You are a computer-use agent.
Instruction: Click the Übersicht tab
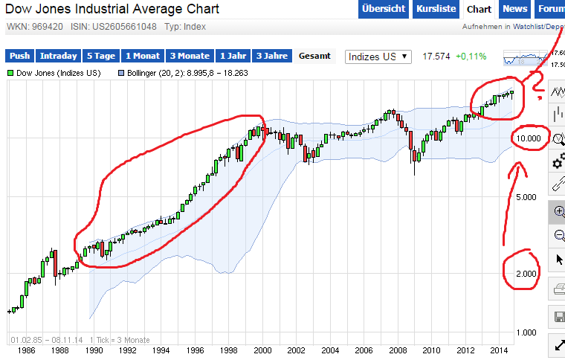click(384, 9)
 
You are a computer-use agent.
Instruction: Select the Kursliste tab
click(435, 9)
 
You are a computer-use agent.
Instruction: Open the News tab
click(514, 9)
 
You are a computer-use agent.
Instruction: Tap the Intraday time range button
click(59, 56)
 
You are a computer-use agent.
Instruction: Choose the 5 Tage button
click(100, 56)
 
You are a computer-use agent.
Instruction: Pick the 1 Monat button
click(143, 56)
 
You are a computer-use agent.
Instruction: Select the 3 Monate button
click(190, 56)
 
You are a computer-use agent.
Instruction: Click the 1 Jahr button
click(233, 56)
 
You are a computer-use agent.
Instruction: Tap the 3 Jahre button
click(271, 56)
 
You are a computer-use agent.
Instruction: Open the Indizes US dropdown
click(379, 57)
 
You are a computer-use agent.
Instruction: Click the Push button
click(20, 56)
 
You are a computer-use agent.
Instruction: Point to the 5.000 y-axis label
click(527, 197)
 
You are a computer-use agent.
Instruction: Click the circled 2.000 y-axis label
click(527, 274)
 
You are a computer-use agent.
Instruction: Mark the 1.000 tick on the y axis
click(527, 332)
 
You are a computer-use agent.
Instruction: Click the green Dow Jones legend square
click(10, 74)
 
